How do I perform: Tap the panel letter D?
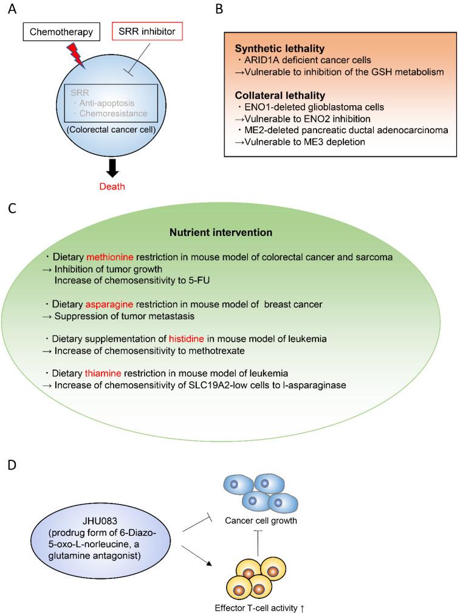pyautogui.click(x=13, y=467)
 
